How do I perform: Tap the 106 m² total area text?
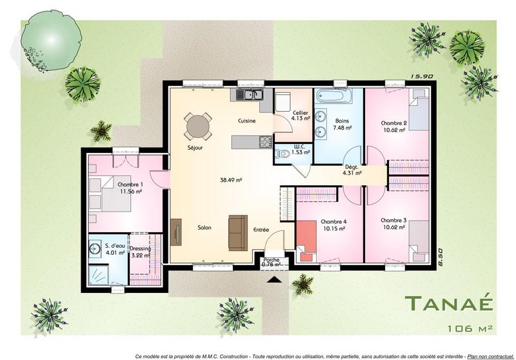(x=469, y=328)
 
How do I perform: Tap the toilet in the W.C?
(x=283, y=153)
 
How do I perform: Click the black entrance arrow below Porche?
(x=273, y=279)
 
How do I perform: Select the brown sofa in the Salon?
(x=237, y=230)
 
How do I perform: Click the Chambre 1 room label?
(x=130, y=185)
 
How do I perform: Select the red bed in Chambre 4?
(x=307, y=238)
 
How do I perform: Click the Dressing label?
(x=140, y=248)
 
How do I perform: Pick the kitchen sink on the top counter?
(x=246, y=95)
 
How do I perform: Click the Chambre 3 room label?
(x=393, y=220)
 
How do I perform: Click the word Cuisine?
(x=248, y=121)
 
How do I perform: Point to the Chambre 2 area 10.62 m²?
(x=393, y=130)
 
